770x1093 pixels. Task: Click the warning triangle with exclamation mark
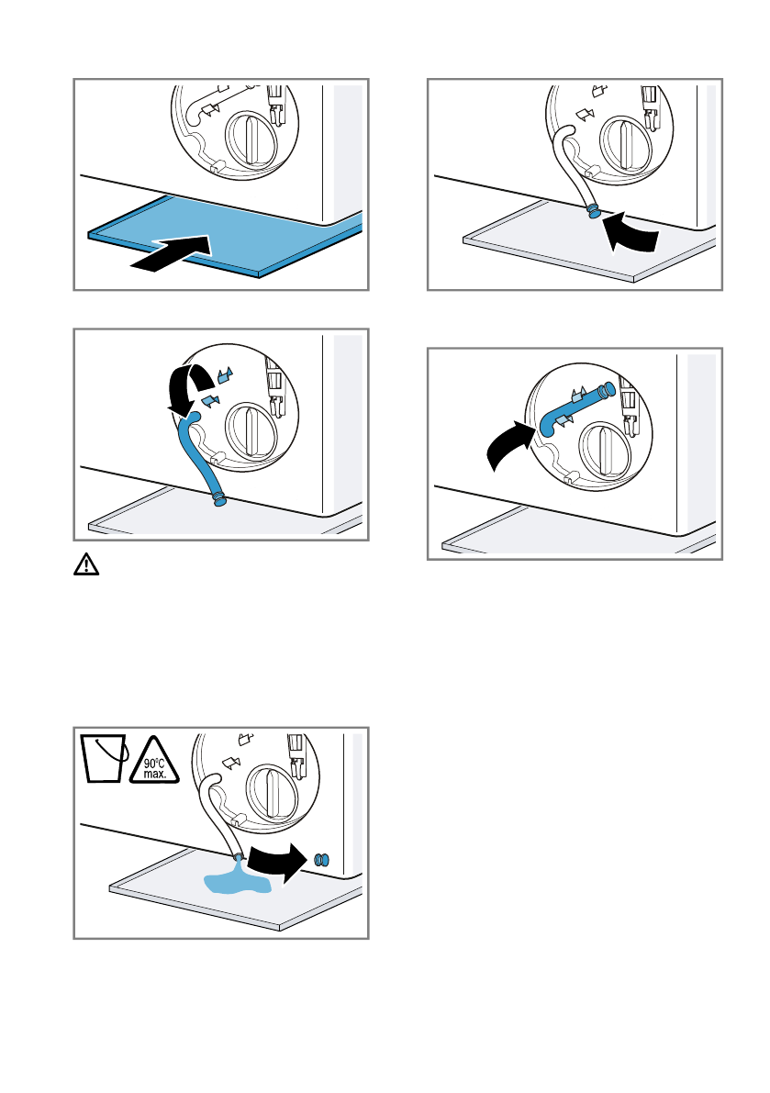(x=86, y=563)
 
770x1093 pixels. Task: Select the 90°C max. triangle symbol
(x=155, y=762)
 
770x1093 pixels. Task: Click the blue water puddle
(x=237, y=880)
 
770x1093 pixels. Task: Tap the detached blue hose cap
(x=321, y=860)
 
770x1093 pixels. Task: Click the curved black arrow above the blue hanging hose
(x=190, y=385)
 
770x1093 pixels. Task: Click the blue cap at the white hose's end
(x=594, y=210)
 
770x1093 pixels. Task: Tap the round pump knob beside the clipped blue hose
(x=605, y=450)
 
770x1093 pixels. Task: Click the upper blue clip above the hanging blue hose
(x=225, y=375)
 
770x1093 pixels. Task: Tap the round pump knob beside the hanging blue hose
(x=251, y=430)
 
